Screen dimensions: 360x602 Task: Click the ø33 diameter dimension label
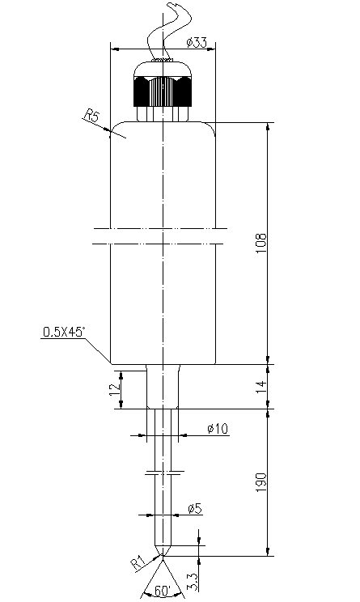tap(197, 42)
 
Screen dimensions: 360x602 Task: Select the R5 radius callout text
tap(91, 115)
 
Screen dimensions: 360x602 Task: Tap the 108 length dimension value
tap(261, 243)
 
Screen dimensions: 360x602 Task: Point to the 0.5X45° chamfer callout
tap(63, 332)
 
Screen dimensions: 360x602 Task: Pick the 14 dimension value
tap(261, 387)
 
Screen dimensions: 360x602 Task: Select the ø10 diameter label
tap(218, 429)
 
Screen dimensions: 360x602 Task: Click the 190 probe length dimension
tap(261, 482)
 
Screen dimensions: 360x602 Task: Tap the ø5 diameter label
tap(195, 509)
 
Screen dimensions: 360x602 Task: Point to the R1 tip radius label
tap(138, 563)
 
